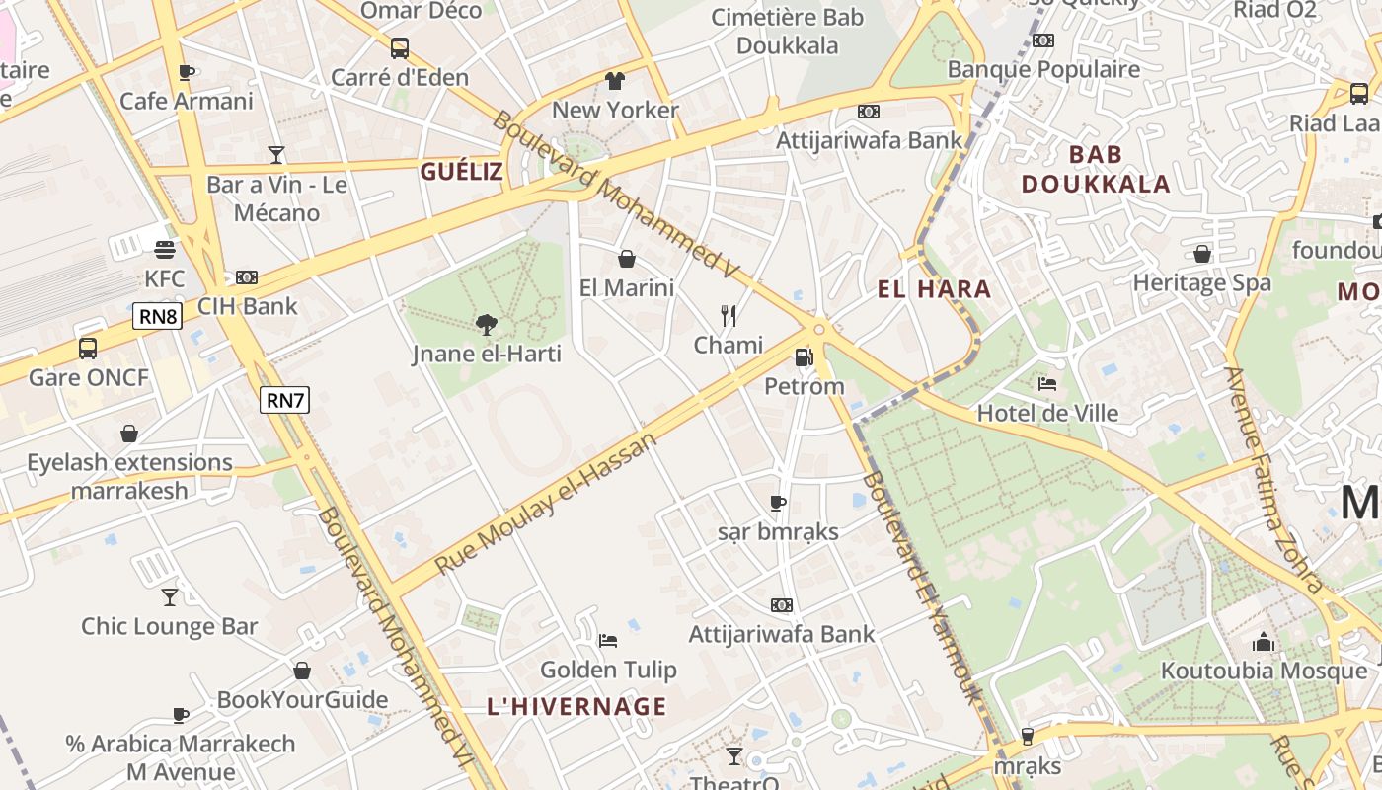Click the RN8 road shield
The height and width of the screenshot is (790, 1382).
(158, 316)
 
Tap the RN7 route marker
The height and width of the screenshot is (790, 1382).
(285, 400)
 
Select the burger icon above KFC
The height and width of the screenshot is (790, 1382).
(165, 250)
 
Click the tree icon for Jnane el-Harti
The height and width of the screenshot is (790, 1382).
(486, 324)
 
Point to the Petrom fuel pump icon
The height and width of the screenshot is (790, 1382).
(805, 357)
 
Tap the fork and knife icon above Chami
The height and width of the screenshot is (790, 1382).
(729, 316)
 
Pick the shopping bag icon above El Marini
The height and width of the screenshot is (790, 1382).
(626, 259)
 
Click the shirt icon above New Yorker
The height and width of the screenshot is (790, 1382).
(615, 80)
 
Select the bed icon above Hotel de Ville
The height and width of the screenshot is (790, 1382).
(1047, 384)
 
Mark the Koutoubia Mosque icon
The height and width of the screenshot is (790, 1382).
(1264, 643)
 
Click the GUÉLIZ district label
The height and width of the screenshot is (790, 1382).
(462, 172)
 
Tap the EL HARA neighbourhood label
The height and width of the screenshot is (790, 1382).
(934, 289)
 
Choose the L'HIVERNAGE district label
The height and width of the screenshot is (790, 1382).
(576, 706)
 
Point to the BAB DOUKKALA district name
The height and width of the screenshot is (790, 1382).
(1096, 169)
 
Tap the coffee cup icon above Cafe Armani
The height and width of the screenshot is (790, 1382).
(186, 72)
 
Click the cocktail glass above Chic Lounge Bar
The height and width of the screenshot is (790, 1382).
(170, 596)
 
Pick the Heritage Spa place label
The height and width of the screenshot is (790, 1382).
(1201, 282)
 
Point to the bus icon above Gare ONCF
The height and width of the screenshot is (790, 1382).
(88, 348)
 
